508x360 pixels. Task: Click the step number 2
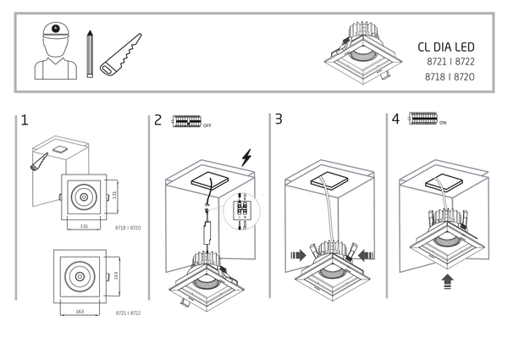click(158, 120)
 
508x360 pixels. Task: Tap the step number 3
click(279, 120)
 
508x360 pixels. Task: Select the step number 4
click(395, 119)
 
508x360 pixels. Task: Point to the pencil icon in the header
click(89, 53)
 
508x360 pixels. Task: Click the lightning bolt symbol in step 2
click(246, 158)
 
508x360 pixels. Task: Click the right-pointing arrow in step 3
click(300, 253)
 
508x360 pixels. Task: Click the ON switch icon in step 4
click(422, 119)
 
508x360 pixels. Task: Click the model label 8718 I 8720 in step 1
click(126, 229)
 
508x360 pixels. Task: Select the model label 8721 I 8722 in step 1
click(127, 313)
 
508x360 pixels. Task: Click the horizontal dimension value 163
click(78, 312)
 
